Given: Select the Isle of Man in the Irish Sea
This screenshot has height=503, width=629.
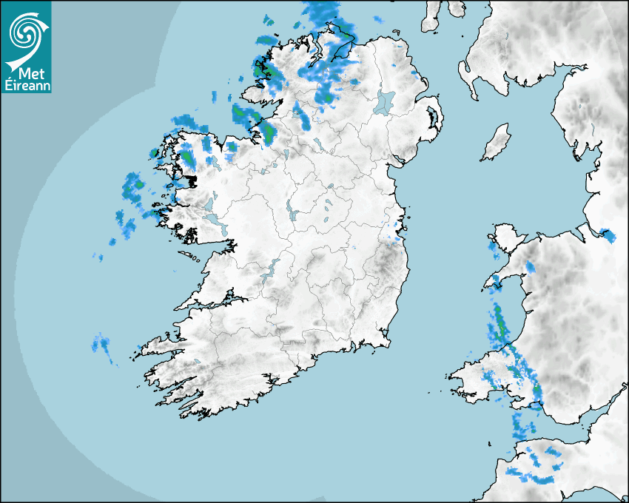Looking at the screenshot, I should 496,142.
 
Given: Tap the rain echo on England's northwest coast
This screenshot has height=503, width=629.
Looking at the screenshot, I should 608,236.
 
